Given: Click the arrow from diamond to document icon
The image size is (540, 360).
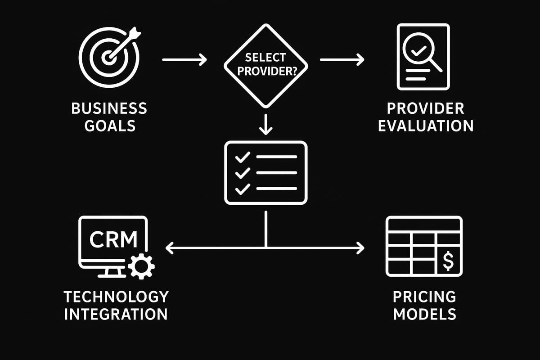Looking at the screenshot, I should pyautogui.click(x=342, y=59).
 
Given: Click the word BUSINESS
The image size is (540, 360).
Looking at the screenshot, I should pyautogui.click(x=109, y=108).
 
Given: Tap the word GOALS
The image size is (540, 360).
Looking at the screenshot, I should pyautogui.click(x=109, y=125).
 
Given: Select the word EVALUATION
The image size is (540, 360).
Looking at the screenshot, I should pyautogui.click(x=425, y=125).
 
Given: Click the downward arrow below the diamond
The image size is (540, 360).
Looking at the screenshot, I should pyautogui.click(x=266, y=125).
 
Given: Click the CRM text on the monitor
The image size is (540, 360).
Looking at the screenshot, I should pyautogui.click(x=113, y=239).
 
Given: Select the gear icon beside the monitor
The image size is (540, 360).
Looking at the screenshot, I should pyautogui.click(x=141, y=266).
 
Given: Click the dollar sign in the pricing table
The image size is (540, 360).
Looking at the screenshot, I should pyautogui.click(x=448, y=261).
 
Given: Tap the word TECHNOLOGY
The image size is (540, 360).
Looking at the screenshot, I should pyautogui.click(x=116, y=297).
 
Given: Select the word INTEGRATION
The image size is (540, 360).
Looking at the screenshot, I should pyautogui.click(x=116, y=313).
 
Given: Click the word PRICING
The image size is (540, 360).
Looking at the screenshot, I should pyautogui.click(x=424, y=297).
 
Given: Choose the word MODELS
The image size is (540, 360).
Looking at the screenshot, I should pyautogui.click(x=424, y=313).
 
